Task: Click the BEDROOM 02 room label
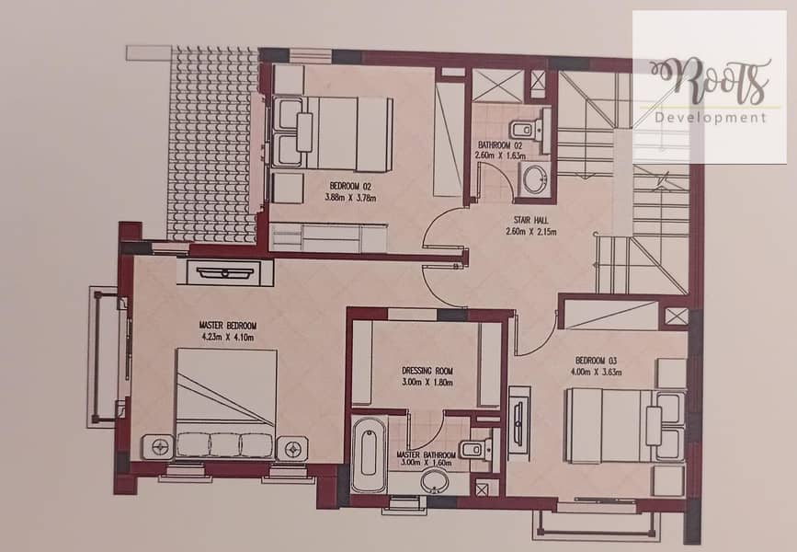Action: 350,187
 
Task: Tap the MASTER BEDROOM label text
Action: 228,326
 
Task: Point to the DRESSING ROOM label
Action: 427,371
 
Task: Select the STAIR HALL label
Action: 530,220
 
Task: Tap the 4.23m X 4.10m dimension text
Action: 228,338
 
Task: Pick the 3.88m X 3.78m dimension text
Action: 350,198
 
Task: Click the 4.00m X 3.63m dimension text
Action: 597,372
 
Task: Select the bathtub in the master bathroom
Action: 369,454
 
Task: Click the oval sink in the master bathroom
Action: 434,482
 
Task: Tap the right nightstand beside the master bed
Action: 292,448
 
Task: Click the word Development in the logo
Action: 710,118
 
